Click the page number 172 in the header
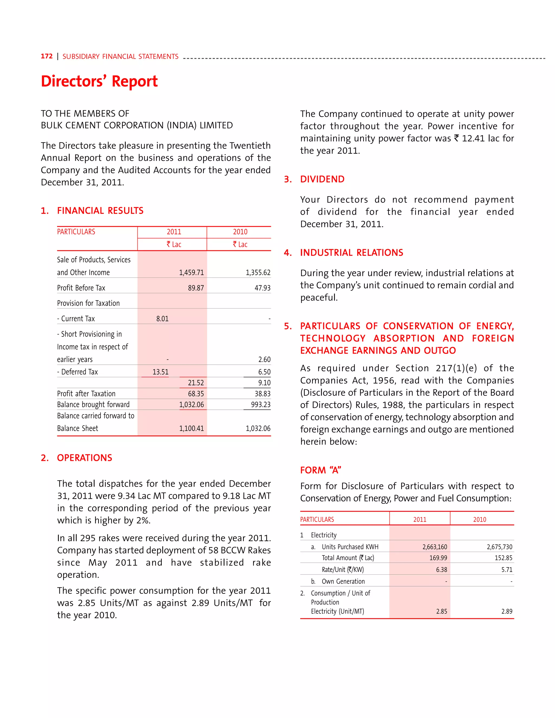click(x=46, y=56)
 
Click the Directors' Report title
click(x=99, y=81)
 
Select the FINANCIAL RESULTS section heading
click(x=100, y=211)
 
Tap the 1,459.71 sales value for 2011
click(x=191, y=273)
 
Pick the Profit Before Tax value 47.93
click(x=262, y=288)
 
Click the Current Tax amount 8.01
click(x=162, y=319)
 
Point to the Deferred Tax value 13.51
click(x=160, y=372)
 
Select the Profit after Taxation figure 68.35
click(x=196, y=393)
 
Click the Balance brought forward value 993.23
click(x=260, y=404)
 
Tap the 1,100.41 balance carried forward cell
click(x=191, y=428)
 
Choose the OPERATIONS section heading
click(x=84, y=458)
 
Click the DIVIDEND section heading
click(x=322, y=179)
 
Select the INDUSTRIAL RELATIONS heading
click(x=351, y=253)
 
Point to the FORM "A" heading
click(x=321, y=470)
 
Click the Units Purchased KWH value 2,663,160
click(x=434, y=547)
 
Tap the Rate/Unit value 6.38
click(x=441, y=570)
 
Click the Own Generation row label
click(x=343, y=581)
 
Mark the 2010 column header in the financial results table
click(x=240, y=232)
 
